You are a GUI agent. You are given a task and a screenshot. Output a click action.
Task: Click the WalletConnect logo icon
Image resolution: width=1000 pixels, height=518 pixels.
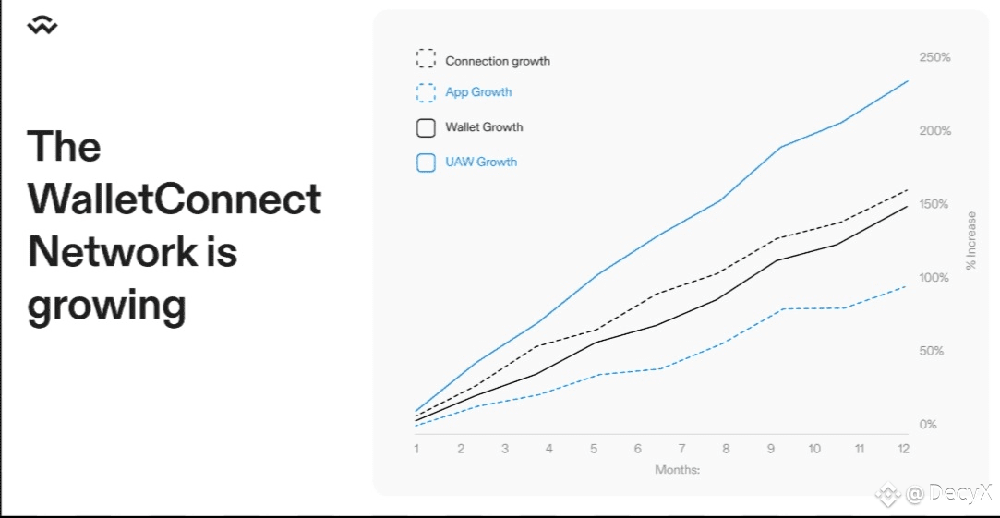42,26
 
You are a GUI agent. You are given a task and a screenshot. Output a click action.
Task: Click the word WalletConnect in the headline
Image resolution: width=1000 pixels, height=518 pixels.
175,199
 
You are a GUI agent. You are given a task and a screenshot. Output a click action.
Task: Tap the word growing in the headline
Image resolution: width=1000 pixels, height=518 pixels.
106,307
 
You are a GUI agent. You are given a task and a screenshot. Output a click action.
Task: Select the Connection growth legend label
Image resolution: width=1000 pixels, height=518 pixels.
498,61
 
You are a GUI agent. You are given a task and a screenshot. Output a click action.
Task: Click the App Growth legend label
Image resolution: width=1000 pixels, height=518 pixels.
478,91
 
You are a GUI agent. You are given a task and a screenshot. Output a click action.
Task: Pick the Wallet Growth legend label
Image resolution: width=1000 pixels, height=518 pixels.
484,126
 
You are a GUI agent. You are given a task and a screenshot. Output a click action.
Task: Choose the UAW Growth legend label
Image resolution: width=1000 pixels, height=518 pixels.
481,162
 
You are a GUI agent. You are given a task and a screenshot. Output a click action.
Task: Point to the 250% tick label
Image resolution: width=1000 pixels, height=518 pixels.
935,57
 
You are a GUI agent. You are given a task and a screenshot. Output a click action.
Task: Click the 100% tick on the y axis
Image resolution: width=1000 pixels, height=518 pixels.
935,278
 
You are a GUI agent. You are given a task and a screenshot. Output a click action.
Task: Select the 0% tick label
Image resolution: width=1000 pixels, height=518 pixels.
929,424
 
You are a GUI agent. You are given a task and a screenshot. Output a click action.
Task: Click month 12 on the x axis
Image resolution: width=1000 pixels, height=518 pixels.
903,449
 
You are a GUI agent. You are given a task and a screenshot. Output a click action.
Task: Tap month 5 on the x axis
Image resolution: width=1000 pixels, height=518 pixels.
593,449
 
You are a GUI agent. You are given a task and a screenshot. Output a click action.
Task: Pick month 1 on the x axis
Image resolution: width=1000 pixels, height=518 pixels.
416,449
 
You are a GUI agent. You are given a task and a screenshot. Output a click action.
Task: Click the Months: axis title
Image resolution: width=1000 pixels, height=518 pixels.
678,470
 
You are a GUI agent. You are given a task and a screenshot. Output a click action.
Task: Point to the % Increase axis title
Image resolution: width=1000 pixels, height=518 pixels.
971,240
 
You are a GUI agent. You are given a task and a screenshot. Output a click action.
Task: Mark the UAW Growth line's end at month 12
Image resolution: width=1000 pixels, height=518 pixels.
907,81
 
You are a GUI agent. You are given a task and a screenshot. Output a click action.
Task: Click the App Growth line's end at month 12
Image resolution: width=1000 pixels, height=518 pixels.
907,286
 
